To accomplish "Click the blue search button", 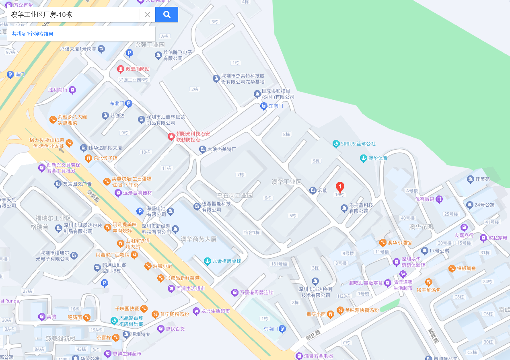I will click(167, 15).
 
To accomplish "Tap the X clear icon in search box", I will click(147, 15).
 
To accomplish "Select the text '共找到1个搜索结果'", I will click(33, 34).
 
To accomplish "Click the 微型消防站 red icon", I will click(121, 69).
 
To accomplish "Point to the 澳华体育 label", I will click(378, 158).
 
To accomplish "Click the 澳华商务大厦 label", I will click(199, 239).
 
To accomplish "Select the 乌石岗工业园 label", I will click(235, 195).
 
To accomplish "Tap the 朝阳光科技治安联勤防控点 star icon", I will click(171, 137).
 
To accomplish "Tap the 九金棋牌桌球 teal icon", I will click(207, 261).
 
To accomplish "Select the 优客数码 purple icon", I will click(440, 199).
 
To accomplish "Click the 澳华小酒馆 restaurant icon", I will click(382, 243).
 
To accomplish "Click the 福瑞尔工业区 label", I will click(53, 218).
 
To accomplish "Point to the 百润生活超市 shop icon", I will click(171, 288).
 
